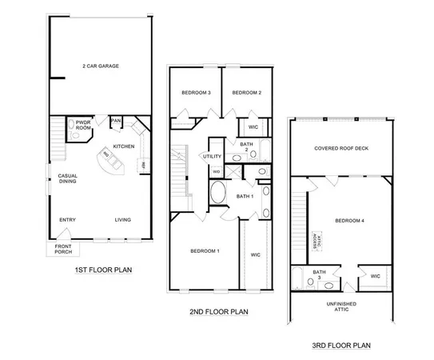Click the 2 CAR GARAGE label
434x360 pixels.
pos(102,66)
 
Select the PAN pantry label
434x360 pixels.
pos(116,121)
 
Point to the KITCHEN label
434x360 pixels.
pos(124,146)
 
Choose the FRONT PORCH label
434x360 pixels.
pos(62,250)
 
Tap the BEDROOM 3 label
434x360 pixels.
pos(195,93)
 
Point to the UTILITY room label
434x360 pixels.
pos(212,156)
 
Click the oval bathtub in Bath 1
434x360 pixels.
pos(217,194)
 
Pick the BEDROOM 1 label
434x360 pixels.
pos(205,251)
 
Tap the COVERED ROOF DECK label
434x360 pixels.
pos(341,148)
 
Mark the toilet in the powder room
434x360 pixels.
pos(71,125)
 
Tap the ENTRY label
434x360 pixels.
pos(67,220)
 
